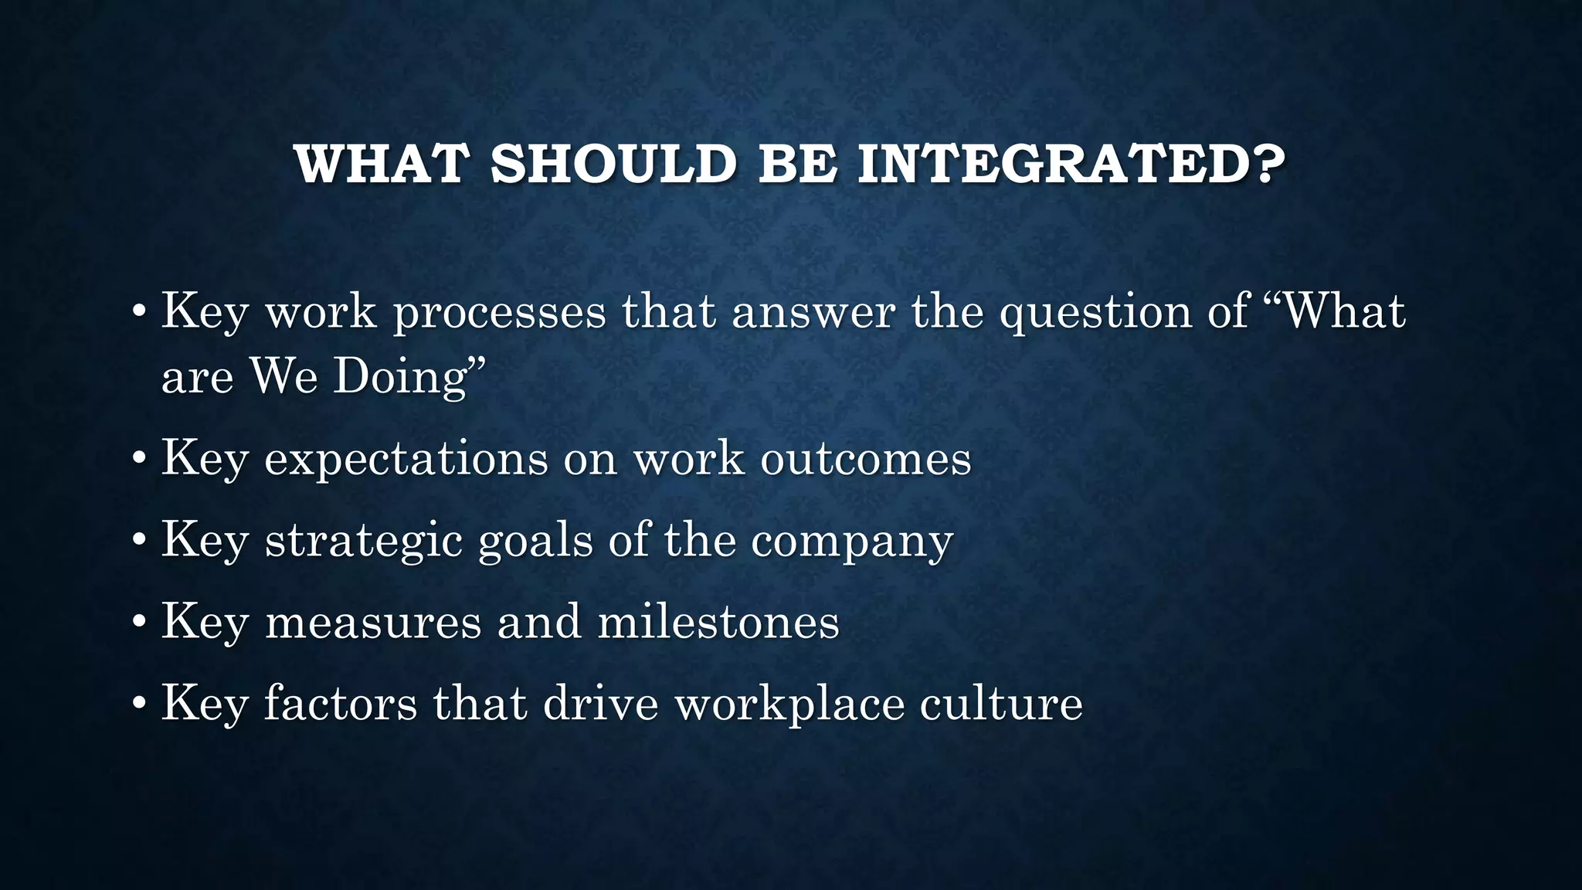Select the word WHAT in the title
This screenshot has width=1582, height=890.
tap(382, 165)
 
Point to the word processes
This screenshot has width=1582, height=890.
tap(500, 313)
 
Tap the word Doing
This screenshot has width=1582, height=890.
tap(401, 377)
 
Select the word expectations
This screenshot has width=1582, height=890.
tap(406, 459)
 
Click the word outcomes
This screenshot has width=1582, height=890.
tap(866, 459)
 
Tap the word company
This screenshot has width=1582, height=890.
tap(852, 542)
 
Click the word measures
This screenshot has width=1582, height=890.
tap(373, 622)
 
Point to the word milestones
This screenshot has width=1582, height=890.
tap(718, 622)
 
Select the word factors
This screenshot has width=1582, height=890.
tap(341, 704)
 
